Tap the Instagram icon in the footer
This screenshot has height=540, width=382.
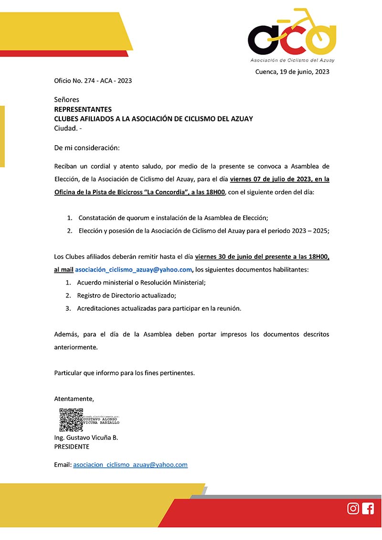click(x=353, y=508)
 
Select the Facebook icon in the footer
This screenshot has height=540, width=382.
click(x=368, y=508)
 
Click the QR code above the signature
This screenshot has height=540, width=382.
click(x=71, y=420)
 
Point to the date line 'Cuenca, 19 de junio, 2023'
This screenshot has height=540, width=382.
click(x=292, y=72)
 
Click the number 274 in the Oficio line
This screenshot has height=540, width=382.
click(x=89, y=81)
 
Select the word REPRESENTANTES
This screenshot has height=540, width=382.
click(x=83, y=109)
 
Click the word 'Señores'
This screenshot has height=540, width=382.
click(x=66, y=100)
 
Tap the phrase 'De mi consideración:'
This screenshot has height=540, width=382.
click(x=87, y=148)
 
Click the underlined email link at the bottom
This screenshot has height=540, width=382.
click(x=130, y=465)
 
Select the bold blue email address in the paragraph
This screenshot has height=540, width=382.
click(x=134, y=270)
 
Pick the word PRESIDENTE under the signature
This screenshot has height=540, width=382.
click(x=72, y=447)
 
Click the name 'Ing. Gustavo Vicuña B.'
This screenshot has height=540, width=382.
click(x=86, y=438)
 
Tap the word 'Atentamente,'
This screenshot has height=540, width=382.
click(x=74, y=399)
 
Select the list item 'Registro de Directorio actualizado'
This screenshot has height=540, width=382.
click(x=126, y=296)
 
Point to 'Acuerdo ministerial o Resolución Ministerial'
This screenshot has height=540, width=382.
click(x=141, y=283)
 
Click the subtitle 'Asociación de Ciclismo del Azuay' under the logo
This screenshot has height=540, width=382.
click(x=292, y=61)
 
